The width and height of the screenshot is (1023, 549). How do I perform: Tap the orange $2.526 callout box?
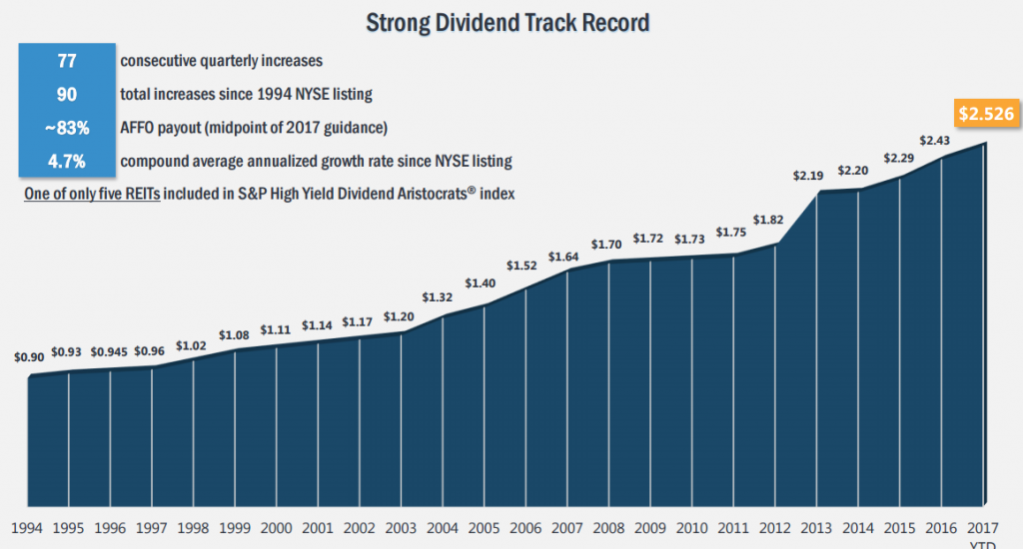click(983, 115)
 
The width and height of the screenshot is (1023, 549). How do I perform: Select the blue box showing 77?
click(66, 61)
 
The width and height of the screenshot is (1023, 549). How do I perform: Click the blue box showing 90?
click(66, 94)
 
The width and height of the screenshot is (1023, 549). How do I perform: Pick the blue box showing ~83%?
click(66, 127)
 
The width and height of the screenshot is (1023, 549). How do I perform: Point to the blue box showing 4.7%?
click(66, 160)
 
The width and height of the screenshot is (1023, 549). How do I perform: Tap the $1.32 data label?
click(439, 297)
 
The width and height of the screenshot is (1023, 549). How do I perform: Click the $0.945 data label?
click(110, 351)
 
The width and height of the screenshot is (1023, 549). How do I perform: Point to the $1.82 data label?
click(768, 220)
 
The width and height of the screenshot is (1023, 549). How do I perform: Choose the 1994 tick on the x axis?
click(27, 526)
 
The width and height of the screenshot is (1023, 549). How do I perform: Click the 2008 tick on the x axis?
click(607, 526)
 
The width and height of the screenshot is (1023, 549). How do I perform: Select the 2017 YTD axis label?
click(985, 531)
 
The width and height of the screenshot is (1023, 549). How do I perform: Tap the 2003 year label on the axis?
click(400, 526)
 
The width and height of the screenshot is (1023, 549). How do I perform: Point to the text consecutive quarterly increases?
click(221, 61)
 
